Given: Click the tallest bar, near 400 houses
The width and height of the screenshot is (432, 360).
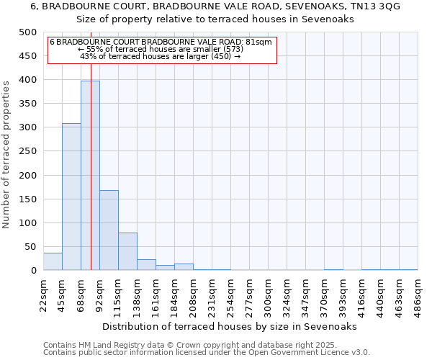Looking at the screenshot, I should coord(90,176).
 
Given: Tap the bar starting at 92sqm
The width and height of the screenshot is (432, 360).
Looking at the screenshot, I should coord(109,230).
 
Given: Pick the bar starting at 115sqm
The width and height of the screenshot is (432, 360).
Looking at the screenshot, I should coord(127,251).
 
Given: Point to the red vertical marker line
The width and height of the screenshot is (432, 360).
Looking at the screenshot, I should coord(91,144).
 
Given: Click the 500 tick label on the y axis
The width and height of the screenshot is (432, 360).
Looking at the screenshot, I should coord(27,32).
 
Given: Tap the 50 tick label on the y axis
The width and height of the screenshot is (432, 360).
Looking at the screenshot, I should coord(30,247).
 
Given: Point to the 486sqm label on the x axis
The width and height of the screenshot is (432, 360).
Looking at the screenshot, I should coord(418,295).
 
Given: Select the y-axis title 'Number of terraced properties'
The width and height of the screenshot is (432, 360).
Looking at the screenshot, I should coord(7,154).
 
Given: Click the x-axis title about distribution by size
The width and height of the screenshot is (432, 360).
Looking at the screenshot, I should coord(230,326).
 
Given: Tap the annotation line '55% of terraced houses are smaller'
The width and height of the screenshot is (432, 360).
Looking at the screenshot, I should coord(161,49).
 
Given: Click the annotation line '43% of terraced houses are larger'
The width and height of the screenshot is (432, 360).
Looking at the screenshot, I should coord(161,56).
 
